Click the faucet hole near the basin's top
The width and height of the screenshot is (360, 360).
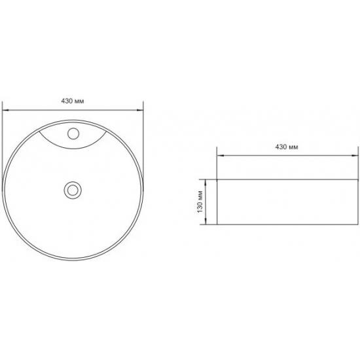[73, 134]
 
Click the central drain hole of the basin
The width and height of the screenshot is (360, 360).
[73, 190]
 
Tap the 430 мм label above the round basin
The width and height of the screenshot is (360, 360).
[73, 101]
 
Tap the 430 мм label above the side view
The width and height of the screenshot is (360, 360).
[287, 147]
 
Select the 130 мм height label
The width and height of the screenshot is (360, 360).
[200, 202]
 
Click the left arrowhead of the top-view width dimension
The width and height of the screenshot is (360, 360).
[5, 110]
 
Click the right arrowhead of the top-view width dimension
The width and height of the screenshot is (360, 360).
[140, 110]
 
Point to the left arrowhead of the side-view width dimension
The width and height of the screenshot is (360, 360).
[221, 156]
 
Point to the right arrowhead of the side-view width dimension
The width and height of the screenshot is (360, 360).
[355, 156]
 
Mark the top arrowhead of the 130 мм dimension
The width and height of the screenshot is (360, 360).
[206, 183]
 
